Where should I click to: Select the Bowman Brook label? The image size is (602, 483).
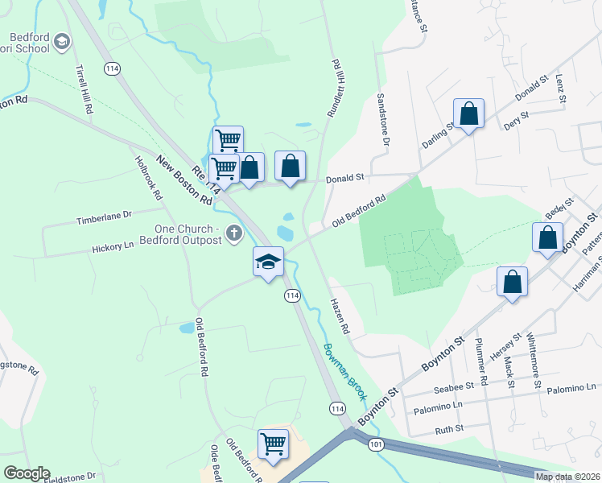[345, 372]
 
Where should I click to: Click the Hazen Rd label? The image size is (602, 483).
[340, 316]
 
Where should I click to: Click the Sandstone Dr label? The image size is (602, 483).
[383, 119]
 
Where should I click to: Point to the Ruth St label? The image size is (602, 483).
[449, 429]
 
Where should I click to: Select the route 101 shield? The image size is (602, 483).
[376, 444]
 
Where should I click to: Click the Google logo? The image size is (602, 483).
[27, 473]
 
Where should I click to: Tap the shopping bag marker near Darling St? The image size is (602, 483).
[468, 114]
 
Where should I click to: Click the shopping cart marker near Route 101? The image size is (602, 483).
[273, 444]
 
